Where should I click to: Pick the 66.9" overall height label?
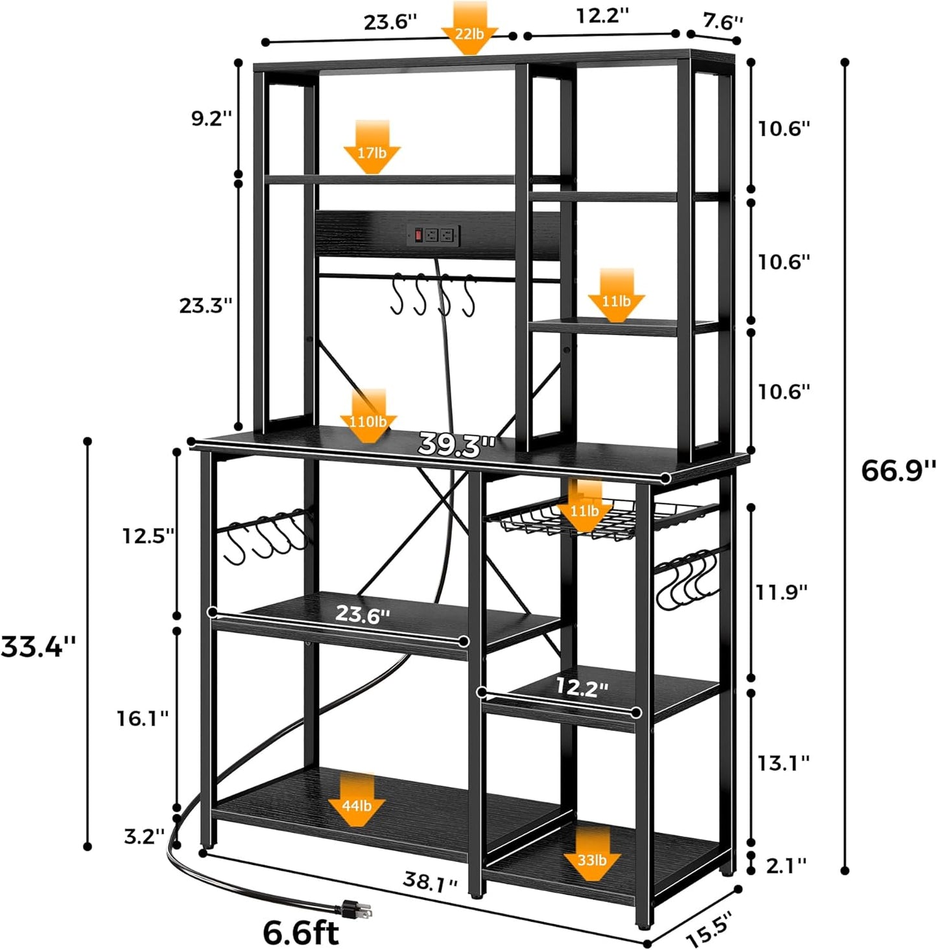898,470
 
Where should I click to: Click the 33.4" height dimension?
39,646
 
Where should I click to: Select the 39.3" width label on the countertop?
456,445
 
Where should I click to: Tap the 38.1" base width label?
431,882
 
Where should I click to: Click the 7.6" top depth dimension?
722,22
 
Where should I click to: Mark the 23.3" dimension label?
206,305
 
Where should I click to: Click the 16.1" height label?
143,717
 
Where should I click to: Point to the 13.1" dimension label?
784,763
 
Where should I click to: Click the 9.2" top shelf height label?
211,119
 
